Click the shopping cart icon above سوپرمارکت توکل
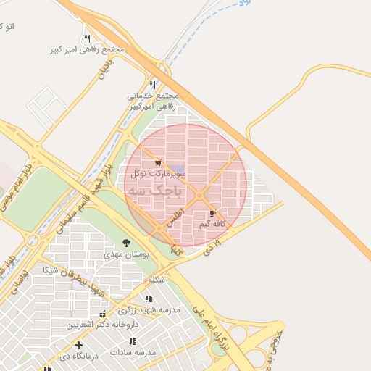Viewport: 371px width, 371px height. tap(158, 163)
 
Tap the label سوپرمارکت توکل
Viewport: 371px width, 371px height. tap(159, 174)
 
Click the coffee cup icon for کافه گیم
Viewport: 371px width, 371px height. tap(212, 214)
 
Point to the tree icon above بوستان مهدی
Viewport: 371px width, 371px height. tap(127, 243)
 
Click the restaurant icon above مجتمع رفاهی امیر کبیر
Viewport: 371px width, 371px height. tap(87, 38)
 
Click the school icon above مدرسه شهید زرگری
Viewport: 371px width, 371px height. tap(149, 299)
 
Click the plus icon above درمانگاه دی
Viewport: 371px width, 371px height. tap(78, 345)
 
